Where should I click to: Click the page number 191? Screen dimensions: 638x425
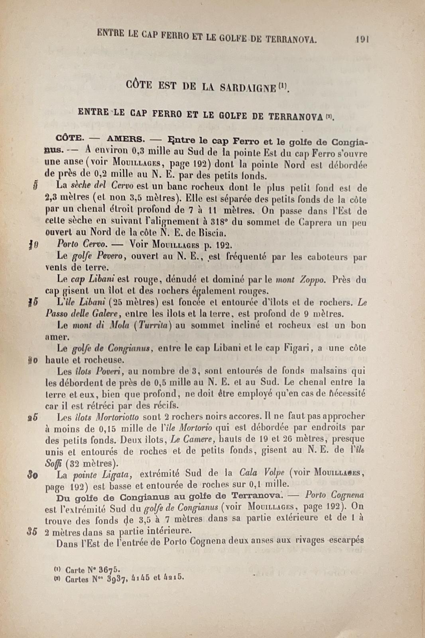pyautogui.click(x=362, y=39)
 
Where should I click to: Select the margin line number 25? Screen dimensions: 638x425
pyautogui.click(x=33, y=417)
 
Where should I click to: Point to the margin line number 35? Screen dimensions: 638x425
pyautogui.click(x=32, y=531)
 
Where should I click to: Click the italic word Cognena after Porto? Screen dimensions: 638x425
pyautogui.click(x=349, y=495)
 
